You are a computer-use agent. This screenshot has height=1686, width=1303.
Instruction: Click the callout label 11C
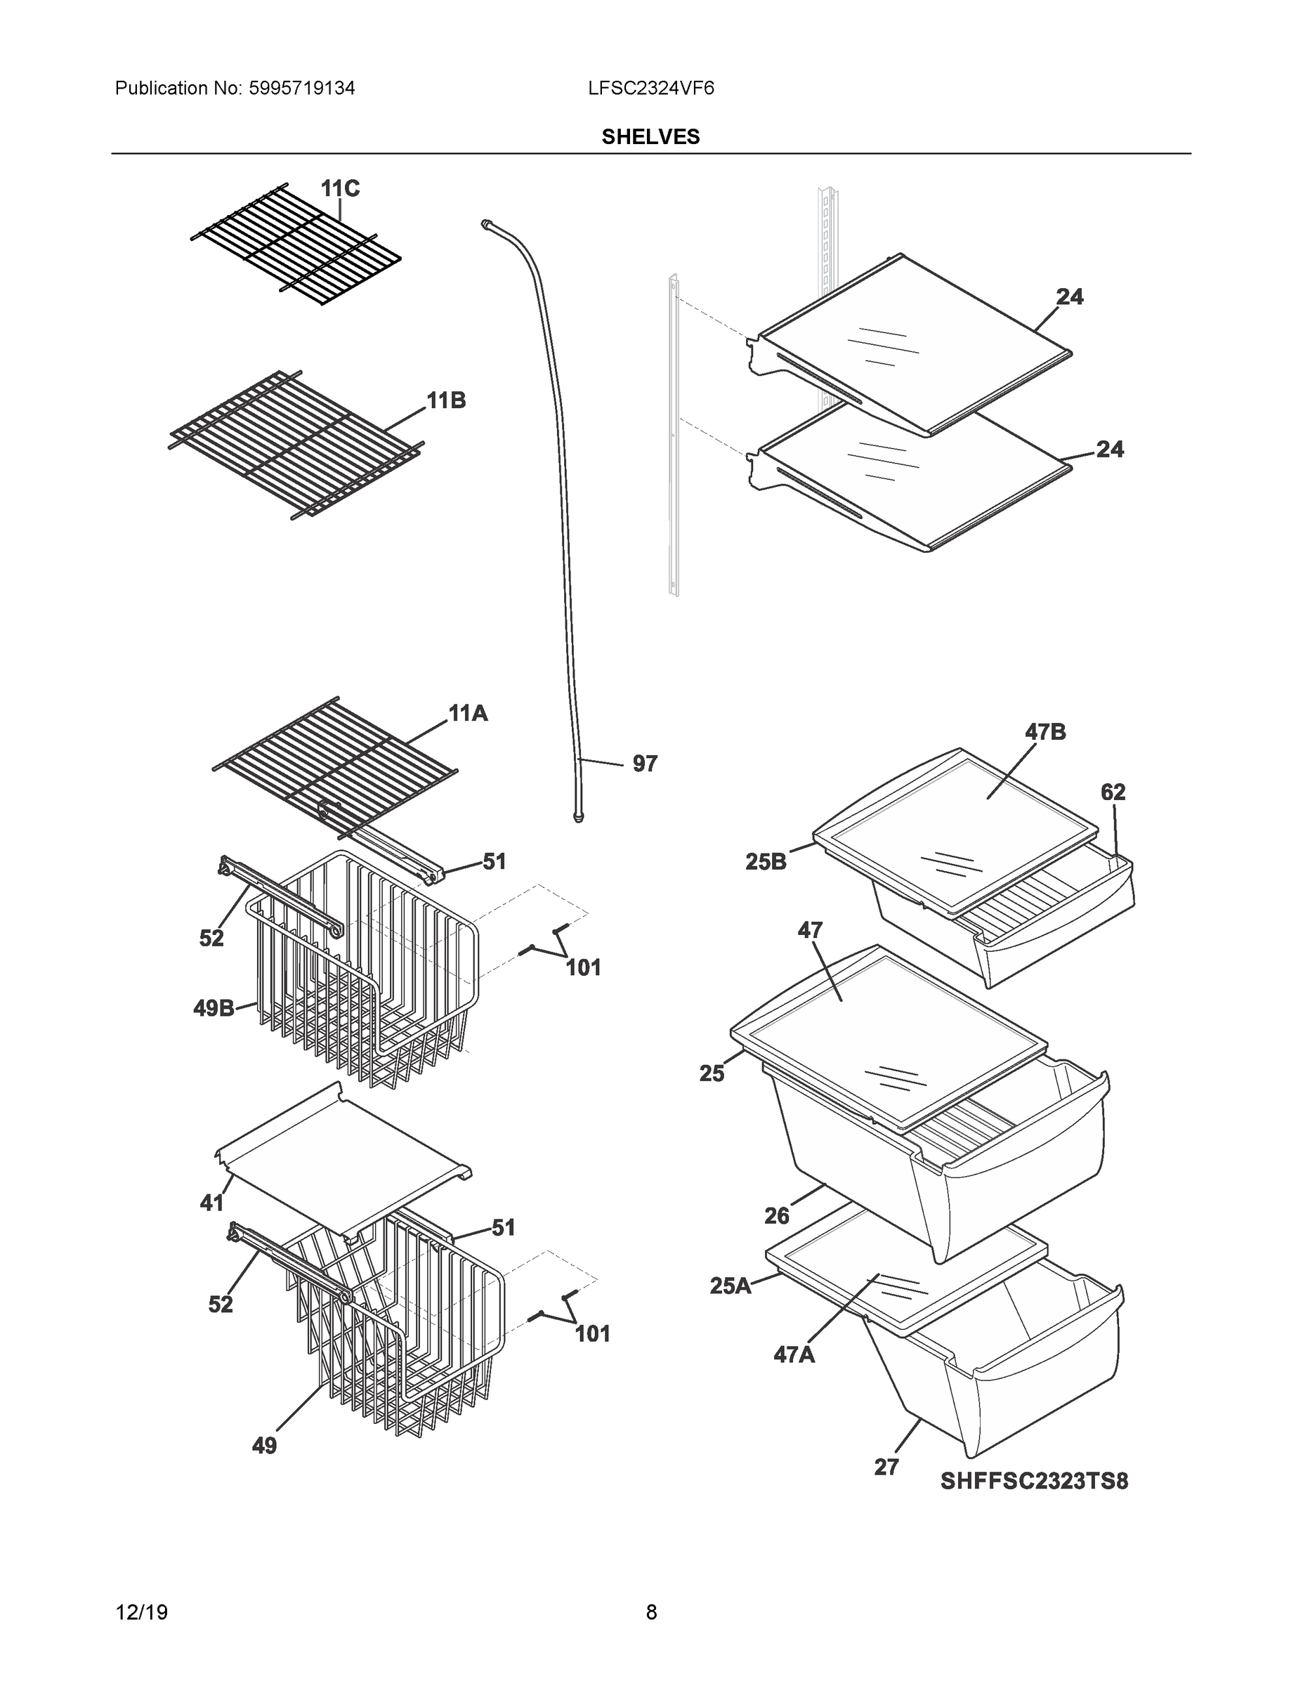tap(340, 188)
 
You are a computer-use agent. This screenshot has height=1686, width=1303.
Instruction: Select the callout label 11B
tap(446, 400)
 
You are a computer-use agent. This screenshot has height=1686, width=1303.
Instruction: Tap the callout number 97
tap(645, 764)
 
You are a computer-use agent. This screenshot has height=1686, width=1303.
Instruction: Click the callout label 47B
tap(1045, 732)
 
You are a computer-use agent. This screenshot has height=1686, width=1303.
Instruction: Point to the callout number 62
tap(1113, 792)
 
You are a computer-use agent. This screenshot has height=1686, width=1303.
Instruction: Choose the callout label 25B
tap(766, 861)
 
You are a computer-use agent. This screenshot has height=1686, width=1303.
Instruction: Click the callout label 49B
tap(214, 1008)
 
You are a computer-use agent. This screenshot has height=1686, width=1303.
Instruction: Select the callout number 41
tap(211, 1203)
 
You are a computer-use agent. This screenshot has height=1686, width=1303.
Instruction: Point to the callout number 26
tap(777, 1216)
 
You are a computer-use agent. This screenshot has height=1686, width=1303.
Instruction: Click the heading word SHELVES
tap(650, 137)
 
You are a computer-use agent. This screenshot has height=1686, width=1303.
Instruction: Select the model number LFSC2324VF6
tap(650, 89)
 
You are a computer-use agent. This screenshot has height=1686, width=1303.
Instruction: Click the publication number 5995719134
tap(302, 89)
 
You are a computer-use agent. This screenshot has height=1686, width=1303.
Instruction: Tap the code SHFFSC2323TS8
tap(1033, 1482)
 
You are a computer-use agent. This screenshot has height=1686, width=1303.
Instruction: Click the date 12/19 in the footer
tap(141, 1613)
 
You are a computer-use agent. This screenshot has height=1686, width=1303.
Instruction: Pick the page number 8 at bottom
tap(650, 1613)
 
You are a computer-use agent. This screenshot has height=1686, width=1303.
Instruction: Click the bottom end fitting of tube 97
tap(578, 817)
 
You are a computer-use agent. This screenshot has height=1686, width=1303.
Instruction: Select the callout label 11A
tap(468, 713)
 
